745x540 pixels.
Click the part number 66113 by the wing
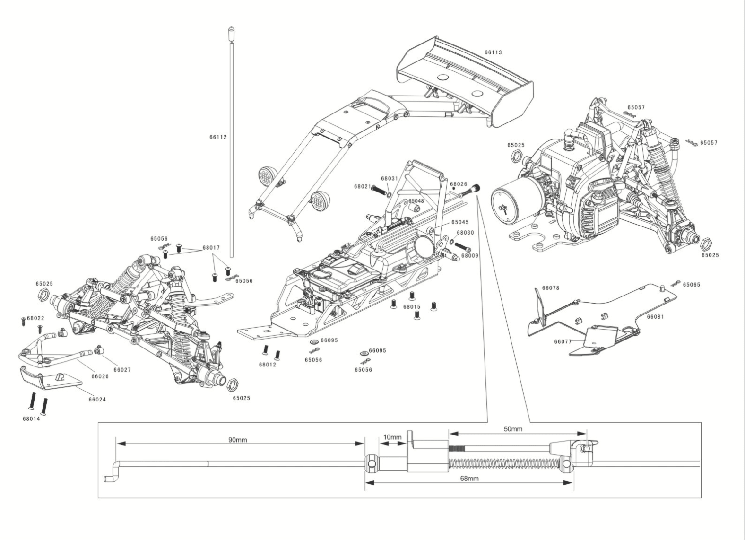click(x=494, y=52)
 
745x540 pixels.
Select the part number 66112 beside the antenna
click(x=218, y=137)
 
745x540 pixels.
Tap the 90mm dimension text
click(x=238, y=440)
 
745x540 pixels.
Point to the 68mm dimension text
click(x=469, y=479)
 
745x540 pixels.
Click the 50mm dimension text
click(x=513, y=429)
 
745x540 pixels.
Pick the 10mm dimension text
click(x=392, y=437)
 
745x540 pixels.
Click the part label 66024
click(x=97, y=399)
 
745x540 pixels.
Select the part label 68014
click(x=31, y=418)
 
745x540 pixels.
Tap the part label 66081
click(x=655, y=317)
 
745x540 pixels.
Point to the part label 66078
click(x=551, y=288)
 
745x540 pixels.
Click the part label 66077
click(x=563, y=341)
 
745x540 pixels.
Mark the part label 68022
click(x=35, y=318)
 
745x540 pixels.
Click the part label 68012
click(x=268, y=364)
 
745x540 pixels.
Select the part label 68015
click(x=412, y=307)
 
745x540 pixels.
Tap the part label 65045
click(x=459, y=222)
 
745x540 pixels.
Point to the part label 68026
click(x=458, y=184)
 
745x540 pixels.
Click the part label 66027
click(x=122, y=369)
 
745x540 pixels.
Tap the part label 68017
click(x=211, y=247)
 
